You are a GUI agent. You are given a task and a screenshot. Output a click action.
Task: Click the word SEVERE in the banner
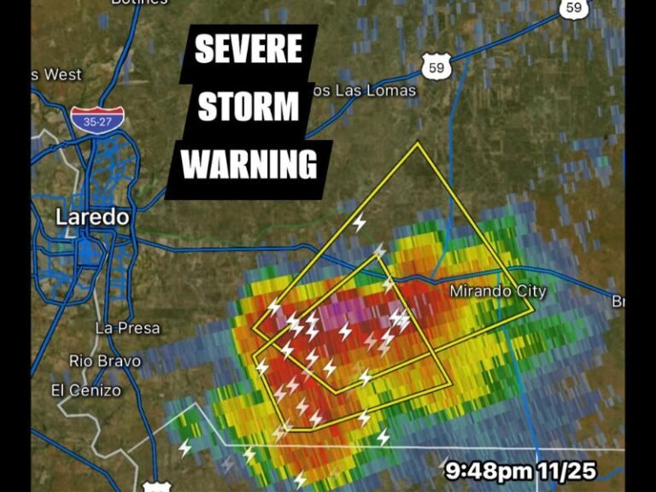(248, 50)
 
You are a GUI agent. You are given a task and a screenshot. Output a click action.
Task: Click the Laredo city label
(92, 217)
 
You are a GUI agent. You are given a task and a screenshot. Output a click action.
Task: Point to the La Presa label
(127, 328)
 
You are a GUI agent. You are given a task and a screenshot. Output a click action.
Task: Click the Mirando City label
(498, 292)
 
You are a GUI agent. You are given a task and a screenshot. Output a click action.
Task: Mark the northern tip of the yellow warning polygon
(417, 143)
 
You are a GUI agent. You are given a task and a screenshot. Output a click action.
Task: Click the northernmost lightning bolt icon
(360, 222)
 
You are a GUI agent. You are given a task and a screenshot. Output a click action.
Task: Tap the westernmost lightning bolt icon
(185, 448)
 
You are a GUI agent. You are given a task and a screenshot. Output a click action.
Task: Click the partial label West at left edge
(60, 74)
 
